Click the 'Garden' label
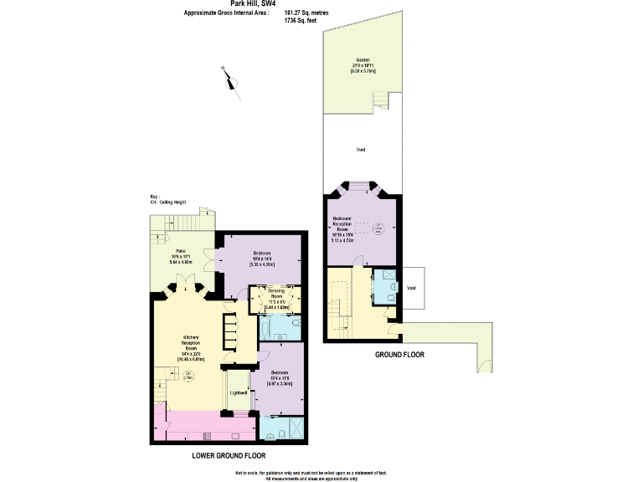click(362, 60)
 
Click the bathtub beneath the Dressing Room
click(276, 324)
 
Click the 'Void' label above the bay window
click(361, 150)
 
